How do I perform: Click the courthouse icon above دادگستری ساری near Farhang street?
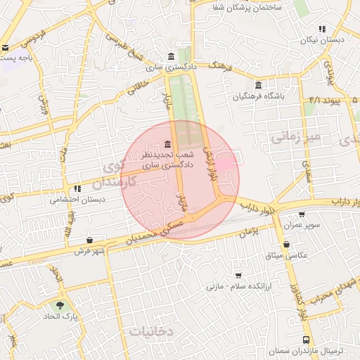tap(172, 57)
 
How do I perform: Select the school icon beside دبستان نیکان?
tap(322, 30)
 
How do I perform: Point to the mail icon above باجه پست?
tap(6, 48)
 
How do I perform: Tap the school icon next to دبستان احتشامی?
tap(76, 188)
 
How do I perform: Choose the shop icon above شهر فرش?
tap(89, 240)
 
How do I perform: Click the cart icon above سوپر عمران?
tap(302, 215)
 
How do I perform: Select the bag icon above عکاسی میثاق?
tap(285, 245)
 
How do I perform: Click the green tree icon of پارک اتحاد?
tap(59, 306)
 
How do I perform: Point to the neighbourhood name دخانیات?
tap(152, 330)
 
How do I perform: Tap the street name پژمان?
tap(245, 230)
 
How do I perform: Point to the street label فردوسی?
tap(33, 32)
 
